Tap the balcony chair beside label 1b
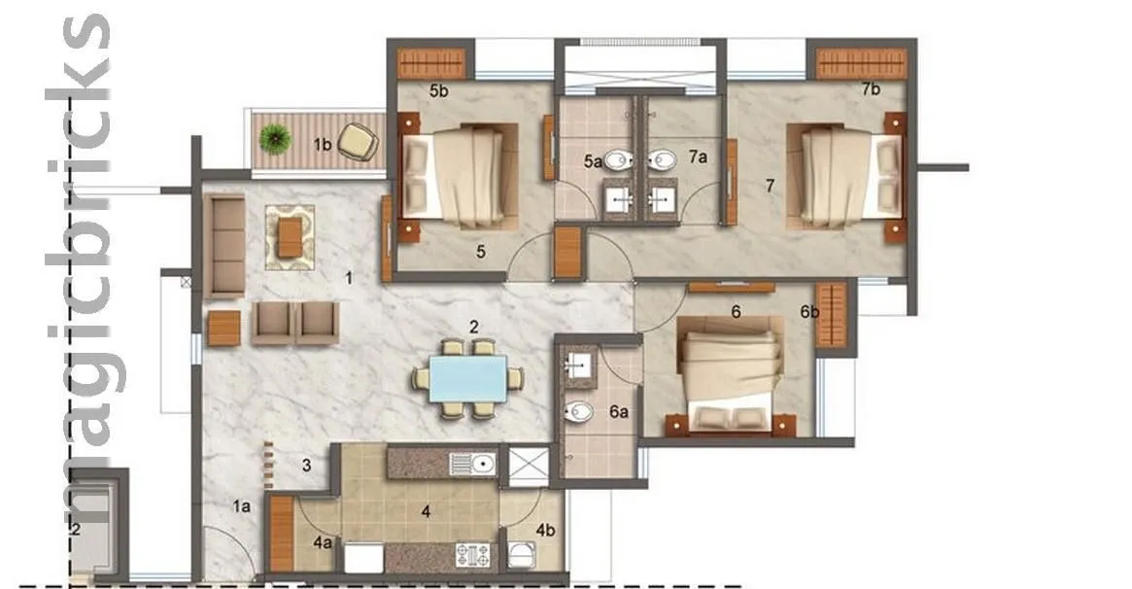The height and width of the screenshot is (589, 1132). [x=360, y=142]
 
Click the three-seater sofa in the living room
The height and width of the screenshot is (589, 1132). [x=226, y=246]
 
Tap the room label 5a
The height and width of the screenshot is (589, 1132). [x=593, y=163]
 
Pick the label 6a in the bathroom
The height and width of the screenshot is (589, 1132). [x=619, y=412]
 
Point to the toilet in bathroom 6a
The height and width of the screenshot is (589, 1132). [x=580, y=411]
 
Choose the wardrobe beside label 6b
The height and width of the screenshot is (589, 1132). [x=832, y=315]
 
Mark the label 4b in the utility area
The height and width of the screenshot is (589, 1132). [x=544, y=531]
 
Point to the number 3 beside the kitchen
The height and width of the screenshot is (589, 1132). [x=306, y=465]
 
